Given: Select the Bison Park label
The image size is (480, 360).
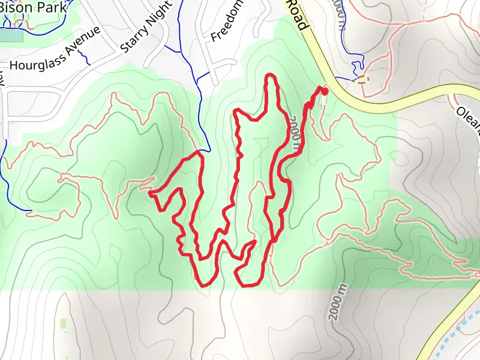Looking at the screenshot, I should click(33, 8).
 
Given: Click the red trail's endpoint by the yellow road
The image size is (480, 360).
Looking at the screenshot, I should click(325, 91).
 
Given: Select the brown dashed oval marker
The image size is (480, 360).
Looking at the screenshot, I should click(362, 79).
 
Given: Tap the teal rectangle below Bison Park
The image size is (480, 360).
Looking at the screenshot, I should click(11, 35).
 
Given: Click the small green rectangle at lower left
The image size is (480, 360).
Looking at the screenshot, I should click(64, 324).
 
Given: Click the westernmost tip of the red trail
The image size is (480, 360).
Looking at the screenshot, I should click(149, 193).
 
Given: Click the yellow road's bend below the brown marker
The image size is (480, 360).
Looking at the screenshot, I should click(360, 102).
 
